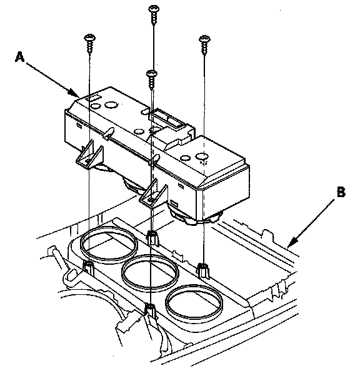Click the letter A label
pyautogui.click(x=20, y=58)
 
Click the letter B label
pyautogui.click(x=341, y=192)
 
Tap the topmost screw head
pyautogui.click(x=154, y=9)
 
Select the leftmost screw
pyautogui.click(x=89, y=44)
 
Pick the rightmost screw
pyautogui.click(x=204, y=45)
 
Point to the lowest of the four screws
pyautogui.click(x=152, y=79)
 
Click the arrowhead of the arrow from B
pyautogui.click(x=292, y=242)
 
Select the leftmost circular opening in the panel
pyautogui.click(x=109, y=242)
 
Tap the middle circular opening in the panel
pyautogui.click(x=150, y=272)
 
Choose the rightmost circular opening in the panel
pyautogui.click(x=194, y=302)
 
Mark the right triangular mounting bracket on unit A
pyautogui.click(x=154, y=195)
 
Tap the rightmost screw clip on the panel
pyautogui.click(x=203, y=270)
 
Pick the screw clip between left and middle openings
pyautogui.click(x=152, y=238)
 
